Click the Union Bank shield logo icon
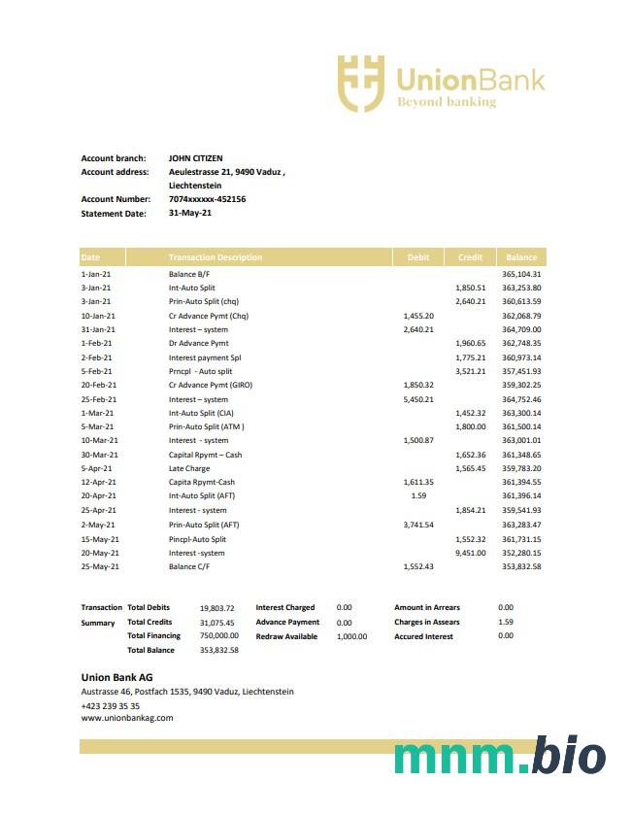[360, 83]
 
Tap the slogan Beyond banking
[446, 102]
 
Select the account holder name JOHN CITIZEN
[195, 158]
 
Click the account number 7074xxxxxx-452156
[207, 199]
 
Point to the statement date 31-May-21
[189, 213]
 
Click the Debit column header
[418, 257]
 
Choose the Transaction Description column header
[215, 257]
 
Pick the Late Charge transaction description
[188, 468]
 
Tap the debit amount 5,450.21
[418, 399]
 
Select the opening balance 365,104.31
[521, 274]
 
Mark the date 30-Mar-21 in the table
[99, 455]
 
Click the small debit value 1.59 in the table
[418, 496]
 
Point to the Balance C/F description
[189, 566]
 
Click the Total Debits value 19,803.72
[217, 608]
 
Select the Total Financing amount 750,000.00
[218, 636]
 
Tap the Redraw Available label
[286, 636]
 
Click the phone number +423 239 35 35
[110, 706]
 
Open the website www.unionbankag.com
[126, 719]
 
